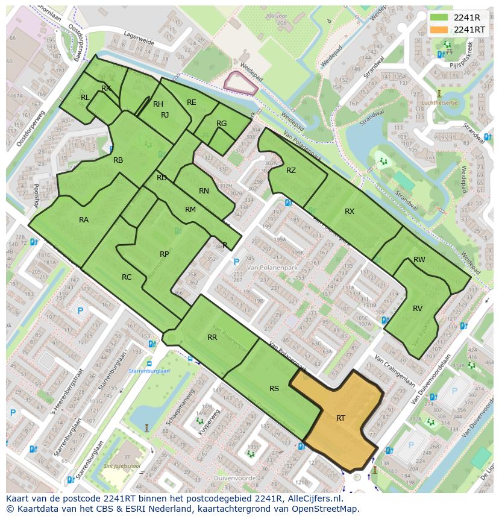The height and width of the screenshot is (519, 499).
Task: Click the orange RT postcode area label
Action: click(341, 418)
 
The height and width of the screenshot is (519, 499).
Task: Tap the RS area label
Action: click(274, 389)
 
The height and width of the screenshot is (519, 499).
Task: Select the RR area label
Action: click(212, 338)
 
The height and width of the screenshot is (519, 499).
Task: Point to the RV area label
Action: click(418, 308)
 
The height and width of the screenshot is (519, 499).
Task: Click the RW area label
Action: click(419, 260)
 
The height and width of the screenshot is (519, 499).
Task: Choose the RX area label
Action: click(350, 212)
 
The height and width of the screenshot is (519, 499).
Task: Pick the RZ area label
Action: click(291, 171)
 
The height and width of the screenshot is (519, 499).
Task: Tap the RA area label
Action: click(84, 220)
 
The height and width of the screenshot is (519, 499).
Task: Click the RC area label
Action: click(127, 277)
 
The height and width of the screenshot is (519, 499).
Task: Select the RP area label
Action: click(164, 254)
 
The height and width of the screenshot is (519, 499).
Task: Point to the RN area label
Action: click(204, 191)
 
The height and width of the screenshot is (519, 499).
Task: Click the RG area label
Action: click(221, 124)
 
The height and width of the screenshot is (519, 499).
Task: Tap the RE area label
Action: click(192, 102)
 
